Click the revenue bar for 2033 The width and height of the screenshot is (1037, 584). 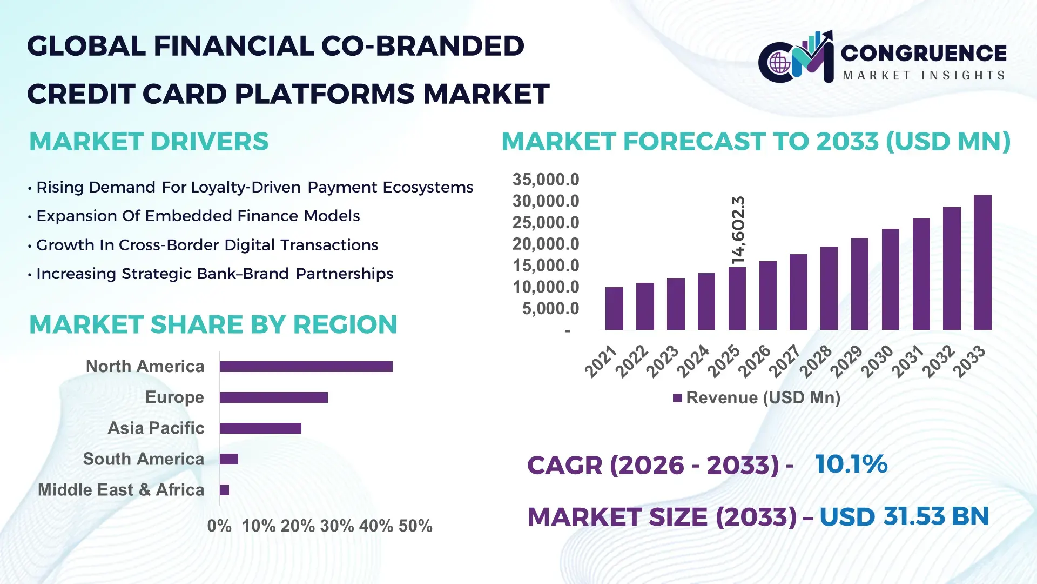tap(982, 263)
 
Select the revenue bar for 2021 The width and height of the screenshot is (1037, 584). tap(614, 309)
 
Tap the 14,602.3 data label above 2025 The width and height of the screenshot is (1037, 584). tap(738, 230)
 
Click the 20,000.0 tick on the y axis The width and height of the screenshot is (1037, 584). tap(546, 244)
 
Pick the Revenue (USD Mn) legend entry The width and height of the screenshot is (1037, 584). tap(756, 398)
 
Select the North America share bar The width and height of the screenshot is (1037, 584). tap(306, 367)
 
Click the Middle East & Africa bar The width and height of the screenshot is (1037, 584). tap(224, 490)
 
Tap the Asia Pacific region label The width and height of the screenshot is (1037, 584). tap(156, 428)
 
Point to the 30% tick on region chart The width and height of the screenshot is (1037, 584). tap(336, 526)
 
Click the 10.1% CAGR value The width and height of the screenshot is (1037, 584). tap(851, 464)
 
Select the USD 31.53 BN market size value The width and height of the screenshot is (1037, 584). tap(904, 516)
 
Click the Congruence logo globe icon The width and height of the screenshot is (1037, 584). tap(779, 63)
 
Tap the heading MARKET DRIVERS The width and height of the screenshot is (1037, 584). tap(149, 142)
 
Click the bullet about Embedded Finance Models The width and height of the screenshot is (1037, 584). tap(198, 216)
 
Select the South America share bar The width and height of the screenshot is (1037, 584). tap(229, 459)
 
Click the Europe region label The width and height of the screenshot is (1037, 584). tap(174, 397)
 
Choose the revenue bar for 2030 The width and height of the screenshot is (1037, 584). tap(890, 280)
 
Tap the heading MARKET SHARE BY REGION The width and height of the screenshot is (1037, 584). tap(213, 325)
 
